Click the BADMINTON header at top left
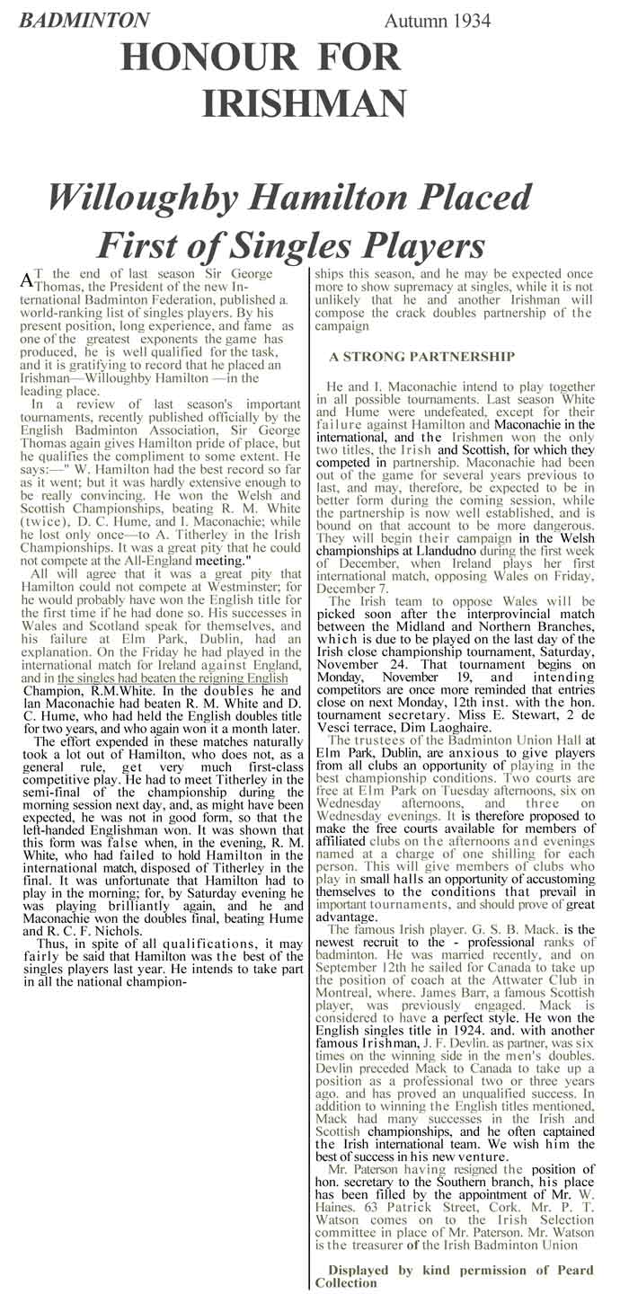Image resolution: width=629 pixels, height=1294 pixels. [84, 20]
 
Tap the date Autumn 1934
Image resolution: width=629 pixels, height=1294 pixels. [438, 20]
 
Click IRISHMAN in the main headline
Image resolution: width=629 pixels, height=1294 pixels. [305, 104]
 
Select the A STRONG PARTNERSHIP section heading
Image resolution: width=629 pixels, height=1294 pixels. [421, 357]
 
